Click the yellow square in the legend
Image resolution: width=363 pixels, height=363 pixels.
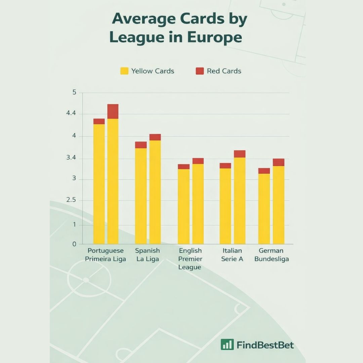124,71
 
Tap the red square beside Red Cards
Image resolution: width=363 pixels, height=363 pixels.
200,71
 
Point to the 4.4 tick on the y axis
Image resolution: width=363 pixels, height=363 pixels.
72,114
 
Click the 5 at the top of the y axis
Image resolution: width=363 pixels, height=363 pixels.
74,93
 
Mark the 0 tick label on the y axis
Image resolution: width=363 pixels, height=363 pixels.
74,244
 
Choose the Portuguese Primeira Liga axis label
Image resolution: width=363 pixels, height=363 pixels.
106,255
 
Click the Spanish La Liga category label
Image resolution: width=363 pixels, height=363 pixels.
148,255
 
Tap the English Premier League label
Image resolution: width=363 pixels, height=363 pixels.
190,259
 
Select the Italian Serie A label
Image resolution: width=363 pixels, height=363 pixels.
232,255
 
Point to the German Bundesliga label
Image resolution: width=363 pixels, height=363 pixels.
271,255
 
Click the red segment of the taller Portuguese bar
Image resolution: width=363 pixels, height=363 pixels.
113,111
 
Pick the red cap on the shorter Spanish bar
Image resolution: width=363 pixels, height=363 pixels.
141,145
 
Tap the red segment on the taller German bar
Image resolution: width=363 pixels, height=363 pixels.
279,162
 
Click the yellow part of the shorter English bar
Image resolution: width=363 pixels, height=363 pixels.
184,206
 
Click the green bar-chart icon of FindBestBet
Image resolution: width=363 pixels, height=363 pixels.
227,345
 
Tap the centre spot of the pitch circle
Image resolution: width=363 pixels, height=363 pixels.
86,280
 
